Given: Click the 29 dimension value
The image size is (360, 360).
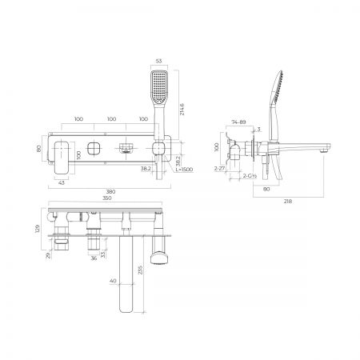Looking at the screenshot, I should point(50,255).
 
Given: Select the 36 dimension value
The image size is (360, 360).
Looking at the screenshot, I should point(94,258).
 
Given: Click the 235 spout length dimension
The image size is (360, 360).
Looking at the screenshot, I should point(140,271).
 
